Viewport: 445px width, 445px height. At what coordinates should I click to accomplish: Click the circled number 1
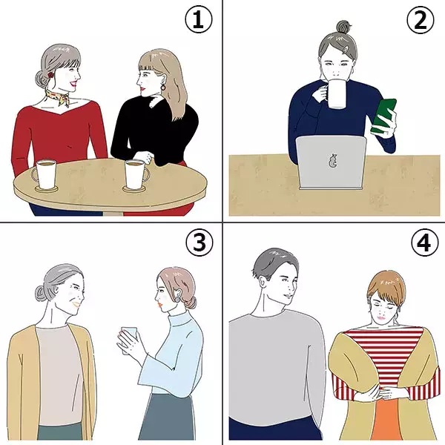click(198, 19)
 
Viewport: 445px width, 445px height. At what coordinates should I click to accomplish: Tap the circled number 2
click(421, 19)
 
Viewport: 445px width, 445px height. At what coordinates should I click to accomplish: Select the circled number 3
click(200, 242)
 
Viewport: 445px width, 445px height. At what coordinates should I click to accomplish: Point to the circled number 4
click(424, 242)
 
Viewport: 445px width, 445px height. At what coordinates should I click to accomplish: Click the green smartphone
click(383, 116)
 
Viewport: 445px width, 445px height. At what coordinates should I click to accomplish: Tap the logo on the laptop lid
click(332, 161)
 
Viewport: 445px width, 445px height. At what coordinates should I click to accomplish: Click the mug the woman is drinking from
click(336, 94)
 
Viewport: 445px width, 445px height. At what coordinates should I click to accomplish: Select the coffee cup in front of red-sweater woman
click(44, 174)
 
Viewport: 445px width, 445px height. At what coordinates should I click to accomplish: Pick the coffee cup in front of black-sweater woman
click(136, 174)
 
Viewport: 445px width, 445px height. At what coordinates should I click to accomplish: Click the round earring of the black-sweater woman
click(163, 87)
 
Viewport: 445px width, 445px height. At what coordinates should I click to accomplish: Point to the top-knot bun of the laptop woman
click(343, 27)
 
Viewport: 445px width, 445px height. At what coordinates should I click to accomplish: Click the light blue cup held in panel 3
click(128, 340)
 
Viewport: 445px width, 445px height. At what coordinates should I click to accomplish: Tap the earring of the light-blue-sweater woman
click(177, 300)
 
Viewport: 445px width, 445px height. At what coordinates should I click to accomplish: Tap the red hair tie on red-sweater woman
click(50, 75)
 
